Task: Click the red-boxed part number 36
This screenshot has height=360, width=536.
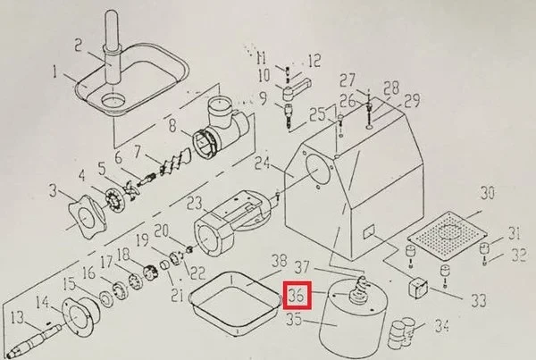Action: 297,293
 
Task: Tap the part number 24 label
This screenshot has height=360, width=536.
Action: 262,163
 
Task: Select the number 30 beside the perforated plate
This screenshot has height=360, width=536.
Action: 487,194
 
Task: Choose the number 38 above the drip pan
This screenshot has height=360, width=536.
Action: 278,262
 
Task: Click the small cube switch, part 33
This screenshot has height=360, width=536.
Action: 417,287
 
